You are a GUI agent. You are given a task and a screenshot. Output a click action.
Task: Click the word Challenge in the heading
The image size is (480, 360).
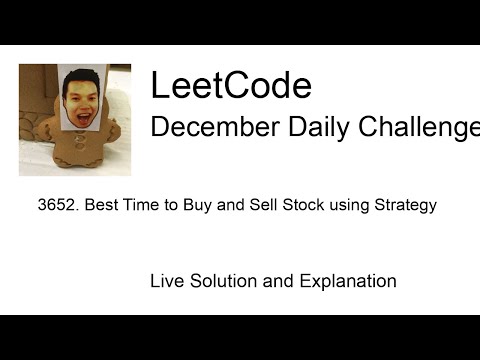coord(419,128)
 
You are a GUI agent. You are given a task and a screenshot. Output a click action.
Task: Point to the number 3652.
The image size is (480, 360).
coord(55,206)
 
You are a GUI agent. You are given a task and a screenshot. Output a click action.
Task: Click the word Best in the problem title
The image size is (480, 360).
coord(101,206)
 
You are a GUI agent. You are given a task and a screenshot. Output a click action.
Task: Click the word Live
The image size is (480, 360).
coord(167,281)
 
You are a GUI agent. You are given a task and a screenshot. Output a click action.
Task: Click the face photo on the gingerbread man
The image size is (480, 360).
coord(83,98)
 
